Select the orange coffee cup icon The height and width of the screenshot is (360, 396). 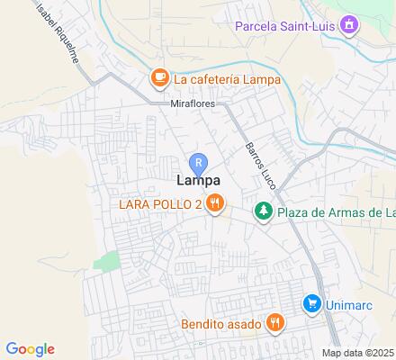click(159, 78)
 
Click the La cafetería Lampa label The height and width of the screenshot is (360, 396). click(223, 79)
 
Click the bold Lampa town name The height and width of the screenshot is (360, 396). click(194, 182)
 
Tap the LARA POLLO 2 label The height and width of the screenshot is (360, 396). click(160, 204)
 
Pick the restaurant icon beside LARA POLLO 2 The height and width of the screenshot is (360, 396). click(214, 204)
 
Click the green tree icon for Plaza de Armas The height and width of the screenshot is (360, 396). click(263, 212)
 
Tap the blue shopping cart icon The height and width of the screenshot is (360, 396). click(311, 303)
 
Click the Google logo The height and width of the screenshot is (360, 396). click(30, 349)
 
